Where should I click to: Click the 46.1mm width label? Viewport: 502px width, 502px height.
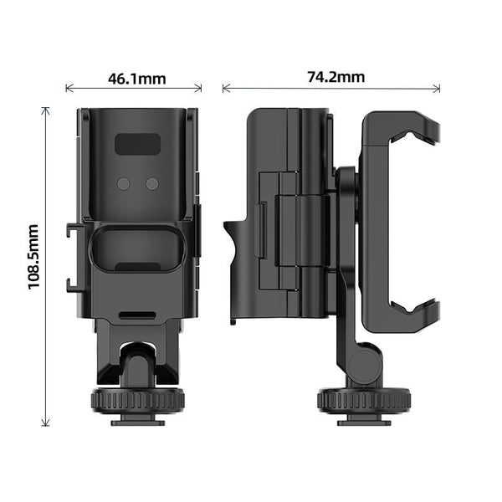point(136,79)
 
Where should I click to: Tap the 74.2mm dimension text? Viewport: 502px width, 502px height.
point(336,77)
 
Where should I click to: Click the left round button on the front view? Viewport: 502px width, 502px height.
point(125,183)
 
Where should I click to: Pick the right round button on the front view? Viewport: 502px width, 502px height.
point(151,183)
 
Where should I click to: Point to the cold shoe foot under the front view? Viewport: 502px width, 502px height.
point(136,417)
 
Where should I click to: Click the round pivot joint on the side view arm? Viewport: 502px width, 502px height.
point(361,363)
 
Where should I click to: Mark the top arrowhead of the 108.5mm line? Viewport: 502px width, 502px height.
point(46,110)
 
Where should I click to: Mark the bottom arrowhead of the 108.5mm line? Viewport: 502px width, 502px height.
point(46,425)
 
